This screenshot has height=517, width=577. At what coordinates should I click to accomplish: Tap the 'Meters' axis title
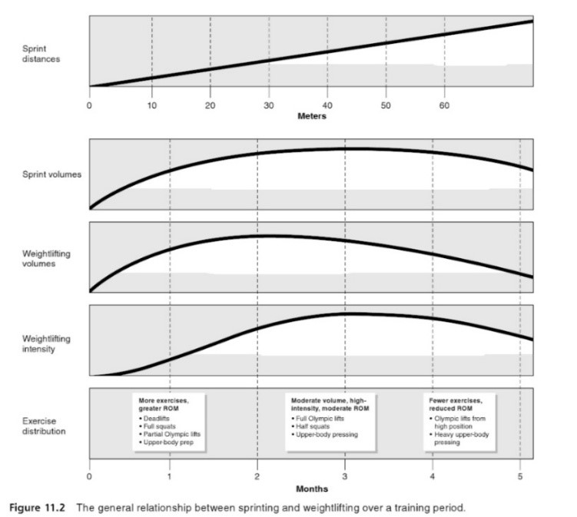tap(312, 117)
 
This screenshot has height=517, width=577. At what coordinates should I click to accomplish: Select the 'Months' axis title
tap(311, 488)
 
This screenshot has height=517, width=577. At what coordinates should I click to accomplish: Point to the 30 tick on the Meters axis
tap(268, 104)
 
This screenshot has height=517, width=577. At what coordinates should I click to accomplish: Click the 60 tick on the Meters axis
tap(444, 104)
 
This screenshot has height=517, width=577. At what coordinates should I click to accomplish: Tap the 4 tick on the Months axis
tap(433, 476)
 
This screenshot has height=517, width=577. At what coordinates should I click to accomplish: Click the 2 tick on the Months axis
tap(257, 476)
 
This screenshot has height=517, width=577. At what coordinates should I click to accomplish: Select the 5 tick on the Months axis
tap(520, 476)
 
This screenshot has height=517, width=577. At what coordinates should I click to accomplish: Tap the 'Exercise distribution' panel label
tap(33, 426)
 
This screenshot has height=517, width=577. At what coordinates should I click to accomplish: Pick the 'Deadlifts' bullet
tap(159, 419)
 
